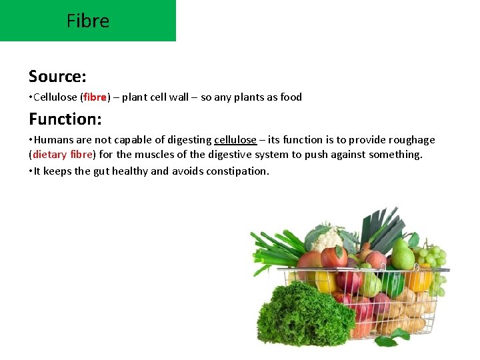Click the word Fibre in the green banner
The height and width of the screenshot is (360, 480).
[x=87, y=21]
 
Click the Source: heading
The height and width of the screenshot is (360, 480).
[x=57, y=76]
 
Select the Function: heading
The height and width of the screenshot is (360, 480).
[x=65, y=119]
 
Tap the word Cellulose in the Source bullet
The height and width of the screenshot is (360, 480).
[x=55, y=97]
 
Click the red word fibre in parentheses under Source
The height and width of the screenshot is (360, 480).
[x=95, y=97]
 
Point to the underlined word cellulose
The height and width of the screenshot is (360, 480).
[x=235, y=140]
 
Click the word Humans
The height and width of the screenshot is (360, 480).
[x=53, y=140]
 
